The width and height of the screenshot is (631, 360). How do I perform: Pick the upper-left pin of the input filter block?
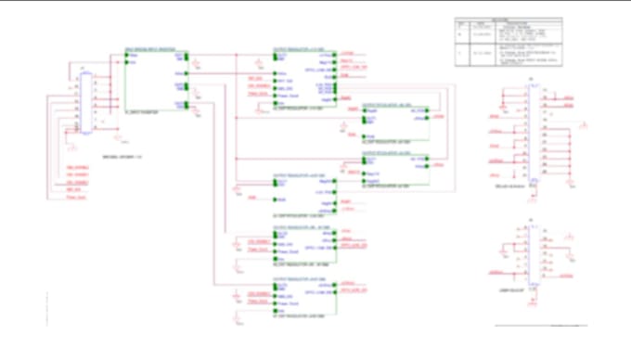[x=127, y=53]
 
